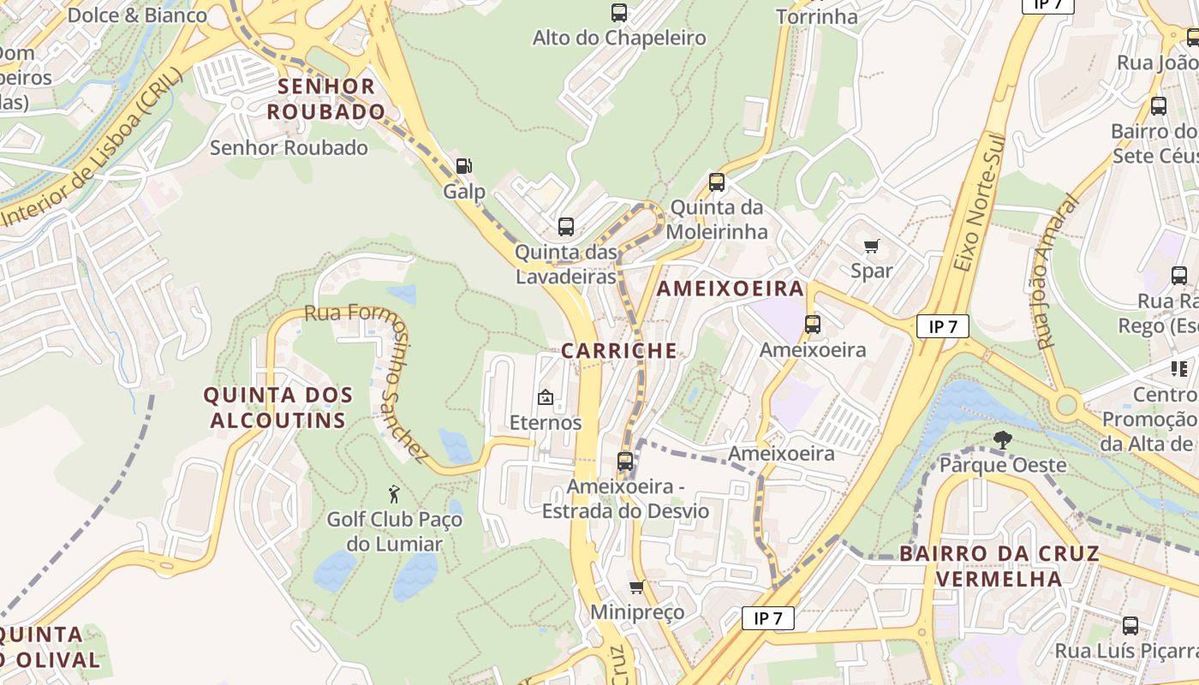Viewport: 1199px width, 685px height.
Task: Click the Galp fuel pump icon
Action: (463, 166)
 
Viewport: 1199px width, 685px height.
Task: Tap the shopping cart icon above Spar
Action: (872, 247)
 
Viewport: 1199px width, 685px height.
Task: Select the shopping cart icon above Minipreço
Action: (636, 587)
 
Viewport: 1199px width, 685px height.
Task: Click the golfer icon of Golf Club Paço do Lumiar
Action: (394, 494)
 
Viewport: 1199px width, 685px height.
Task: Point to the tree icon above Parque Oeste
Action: (1002, 440)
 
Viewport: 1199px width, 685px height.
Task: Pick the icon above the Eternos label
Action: (545, 397)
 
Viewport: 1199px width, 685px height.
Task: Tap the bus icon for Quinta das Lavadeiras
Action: (566, 227)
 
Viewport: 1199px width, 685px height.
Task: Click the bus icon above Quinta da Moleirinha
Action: (717, 182)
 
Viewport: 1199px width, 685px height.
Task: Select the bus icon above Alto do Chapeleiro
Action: (619, 13)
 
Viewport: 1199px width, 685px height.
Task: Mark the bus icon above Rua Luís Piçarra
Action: (1130, 626)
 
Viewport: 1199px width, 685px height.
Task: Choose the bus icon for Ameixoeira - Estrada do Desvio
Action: (625, 462)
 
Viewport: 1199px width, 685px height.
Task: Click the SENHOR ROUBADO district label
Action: (326, 98)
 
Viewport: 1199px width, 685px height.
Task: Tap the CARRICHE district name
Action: (619, 350)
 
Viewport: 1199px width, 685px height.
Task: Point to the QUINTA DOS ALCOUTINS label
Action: (278, 408)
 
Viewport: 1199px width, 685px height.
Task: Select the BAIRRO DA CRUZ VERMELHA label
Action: (999, 565)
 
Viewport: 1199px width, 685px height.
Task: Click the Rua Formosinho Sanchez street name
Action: (367, 377)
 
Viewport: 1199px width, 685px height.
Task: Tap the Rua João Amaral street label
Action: (1056, 272)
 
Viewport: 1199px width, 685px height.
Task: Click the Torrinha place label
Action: (816, 16)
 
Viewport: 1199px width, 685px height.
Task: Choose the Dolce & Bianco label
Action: (137, 15)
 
